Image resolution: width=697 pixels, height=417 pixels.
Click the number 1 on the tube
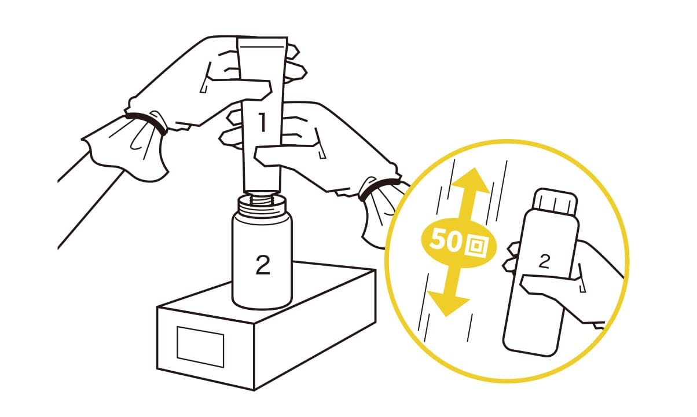tap(263, 122)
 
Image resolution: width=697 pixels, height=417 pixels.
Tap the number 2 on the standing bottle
tap(263, 264)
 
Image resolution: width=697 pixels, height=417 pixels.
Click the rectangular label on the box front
tap(200, 347)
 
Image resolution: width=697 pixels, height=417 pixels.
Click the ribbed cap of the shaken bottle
tap(555, 202)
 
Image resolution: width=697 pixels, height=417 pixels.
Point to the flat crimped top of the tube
tap(262, 41)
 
